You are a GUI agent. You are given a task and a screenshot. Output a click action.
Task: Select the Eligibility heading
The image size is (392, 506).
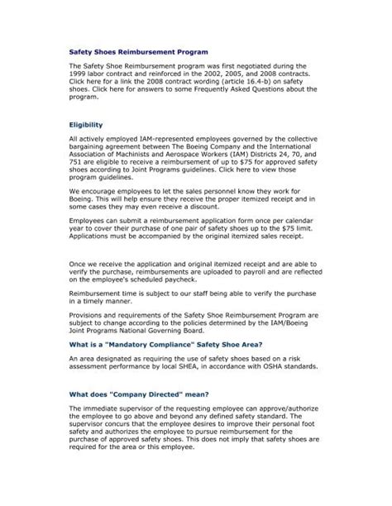(x=89, y=123)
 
